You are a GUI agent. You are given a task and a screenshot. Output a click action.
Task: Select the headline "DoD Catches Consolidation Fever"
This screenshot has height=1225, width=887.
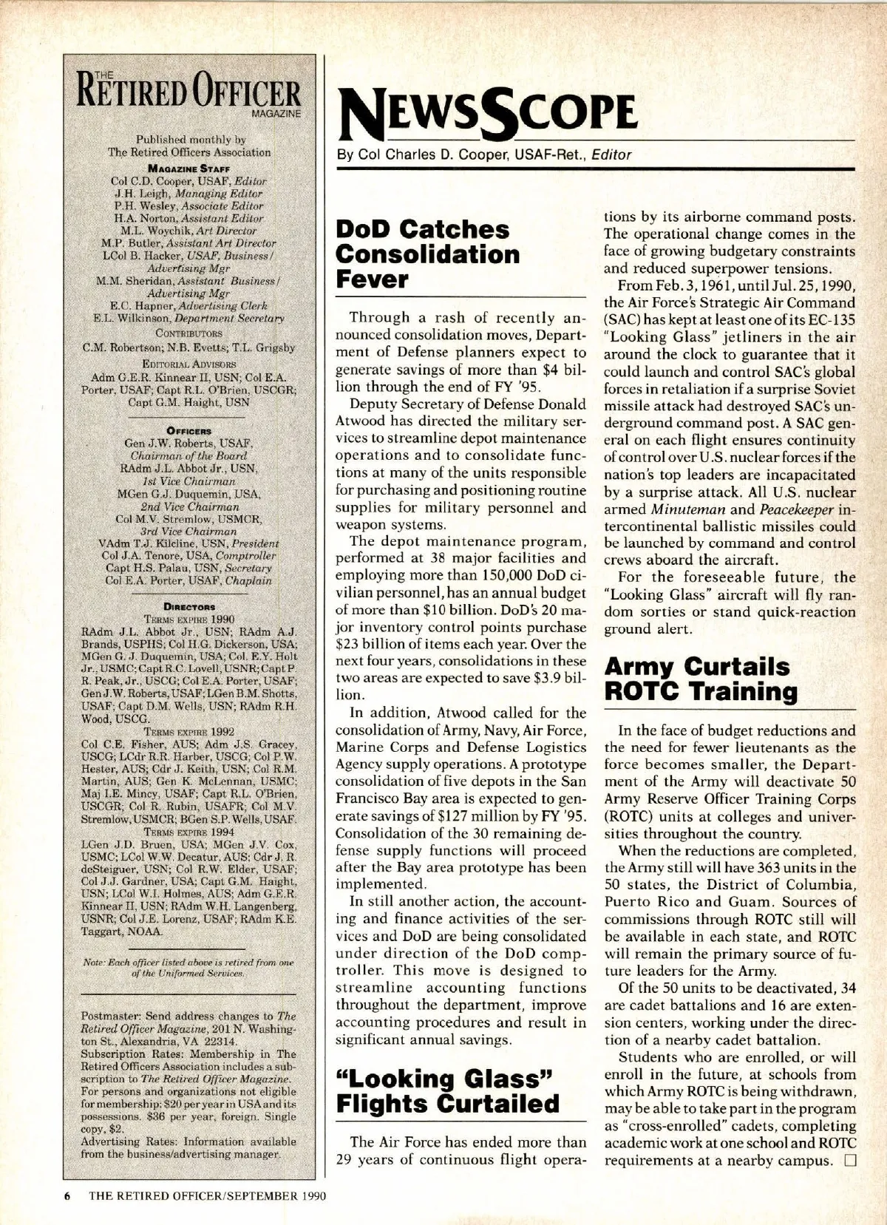(427, 254)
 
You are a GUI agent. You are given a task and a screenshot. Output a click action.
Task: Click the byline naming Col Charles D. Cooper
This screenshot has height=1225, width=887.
(484, 155)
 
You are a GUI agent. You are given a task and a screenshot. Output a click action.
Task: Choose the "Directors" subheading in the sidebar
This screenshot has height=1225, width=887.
(189, 606)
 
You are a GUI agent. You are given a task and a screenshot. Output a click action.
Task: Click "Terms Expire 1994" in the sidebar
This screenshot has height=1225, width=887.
(189, 832)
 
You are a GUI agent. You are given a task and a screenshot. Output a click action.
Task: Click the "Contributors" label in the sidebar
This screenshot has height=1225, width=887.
(189, 333)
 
